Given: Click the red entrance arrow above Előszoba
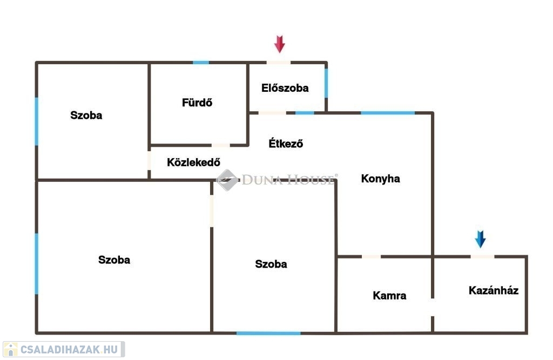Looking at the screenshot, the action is coord(279,44).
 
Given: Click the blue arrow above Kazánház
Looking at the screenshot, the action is coord(480,239).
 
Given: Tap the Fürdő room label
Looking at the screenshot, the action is coord(197,103).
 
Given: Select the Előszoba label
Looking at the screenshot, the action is coord(285,88).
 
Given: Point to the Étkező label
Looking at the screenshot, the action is coord(286,143).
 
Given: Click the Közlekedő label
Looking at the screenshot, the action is coord(194,162).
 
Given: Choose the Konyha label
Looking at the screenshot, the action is coord(381,179).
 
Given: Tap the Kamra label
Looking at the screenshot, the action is coord(389,295).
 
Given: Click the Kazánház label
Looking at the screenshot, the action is coord(494,290).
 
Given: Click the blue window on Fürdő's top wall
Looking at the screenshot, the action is coord(201,63).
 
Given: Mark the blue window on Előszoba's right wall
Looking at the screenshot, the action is coord(326,83).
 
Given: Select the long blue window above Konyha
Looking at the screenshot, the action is coord(387,113).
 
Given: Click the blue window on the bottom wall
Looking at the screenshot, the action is coord(268,333).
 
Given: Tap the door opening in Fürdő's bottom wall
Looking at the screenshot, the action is coord(220,145).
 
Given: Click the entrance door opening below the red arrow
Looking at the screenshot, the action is coord(278,63).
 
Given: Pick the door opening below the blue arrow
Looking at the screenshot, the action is coord(482,256).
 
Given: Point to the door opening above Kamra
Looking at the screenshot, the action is coord(372,256).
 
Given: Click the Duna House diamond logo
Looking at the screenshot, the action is coord(227,180).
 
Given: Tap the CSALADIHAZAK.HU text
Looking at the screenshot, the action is coord(69,349).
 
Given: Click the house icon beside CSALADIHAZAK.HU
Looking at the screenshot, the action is coord(11,349).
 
